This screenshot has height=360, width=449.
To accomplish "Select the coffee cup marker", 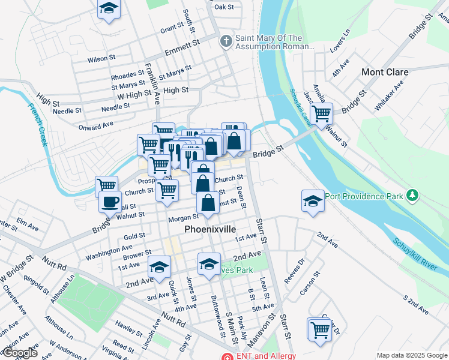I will tap(109, 202).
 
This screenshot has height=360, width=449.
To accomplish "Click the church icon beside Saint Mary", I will tap(226, 41).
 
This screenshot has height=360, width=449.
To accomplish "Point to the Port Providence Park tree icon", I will tap(412, 196).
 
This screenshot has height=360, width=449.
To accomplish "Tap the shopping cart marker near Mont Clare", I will tap(322, 112).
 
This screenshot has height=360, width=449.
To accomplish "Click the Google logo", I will tap(19, 353).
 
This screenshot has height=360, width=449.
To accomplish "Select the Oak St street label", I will tap(223, 7).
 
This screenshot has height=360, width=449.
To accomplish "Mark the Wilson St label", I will tap(101, 59).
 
